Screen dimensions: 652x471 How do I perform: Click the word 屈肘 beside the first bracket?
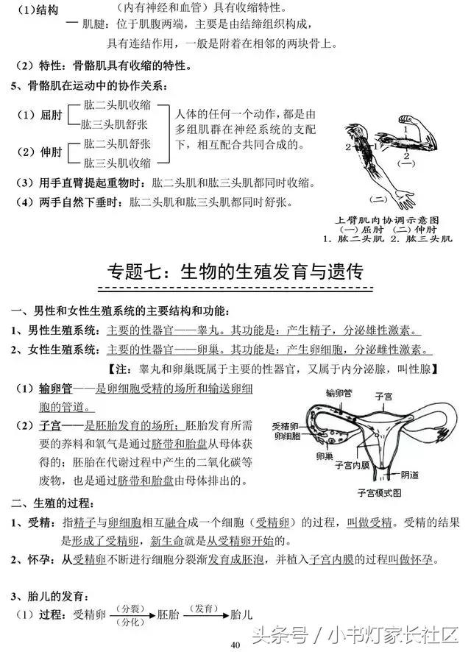click(52, 116)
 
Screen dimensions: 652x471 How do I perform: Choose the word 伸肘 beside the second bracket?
click(52, 152)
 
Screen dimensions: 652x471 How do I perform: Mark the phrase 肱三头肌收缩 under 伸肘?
click(117, 163)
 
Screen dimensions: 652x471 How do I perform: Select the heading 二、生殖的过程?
click(52, 503)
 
